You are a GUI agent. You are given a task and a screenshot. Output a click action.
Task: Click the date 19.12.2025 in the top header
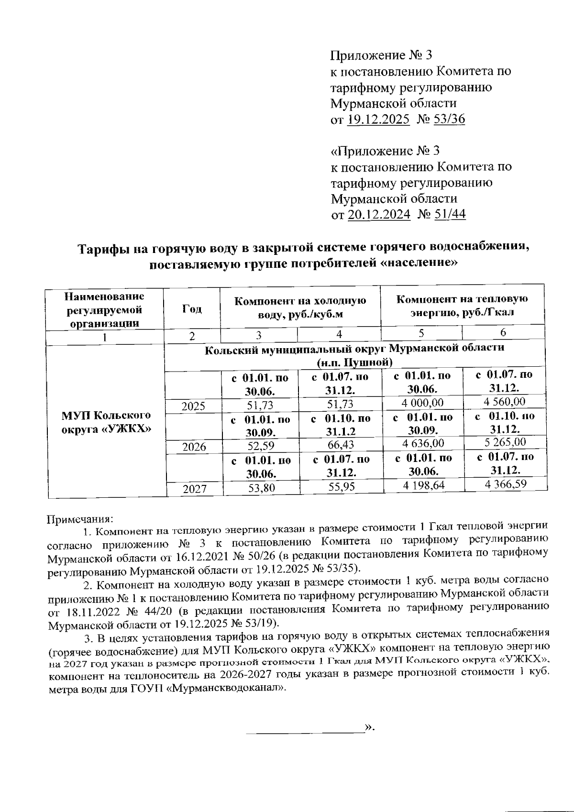[378, 119]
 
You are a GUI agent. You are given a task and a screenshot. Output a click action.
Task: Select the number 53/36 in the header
[448, 119]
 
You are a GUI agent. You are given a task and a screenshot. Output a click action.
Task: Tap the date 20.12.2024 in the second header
[379, 214]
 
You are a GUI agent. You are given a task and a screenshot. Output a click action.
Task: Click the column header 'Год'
[192, 309]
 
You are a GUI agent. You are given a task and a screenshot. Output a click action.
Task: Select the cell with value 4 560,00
[505, 402]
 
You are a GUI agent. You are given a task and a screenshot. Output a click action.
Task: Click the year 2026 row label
[194, 447]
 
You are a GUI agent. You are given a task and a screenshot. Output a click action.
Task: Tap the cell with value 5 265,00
[505, 442]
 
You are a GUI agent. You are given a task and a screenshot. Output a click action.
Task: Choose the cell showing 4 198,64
[424, 485]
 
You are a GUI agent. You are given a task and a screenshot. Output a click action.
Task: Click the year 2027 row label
[194, 489]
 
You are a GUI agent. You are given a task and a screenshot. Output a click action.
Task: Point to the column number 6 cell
[503, 332]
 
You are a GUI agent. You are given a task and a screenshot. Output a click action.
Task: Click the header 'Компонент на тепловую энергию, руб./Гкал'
[462, 306]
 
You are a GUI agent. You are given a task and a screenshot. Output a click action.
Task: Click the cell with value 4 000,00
[423, 403]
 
